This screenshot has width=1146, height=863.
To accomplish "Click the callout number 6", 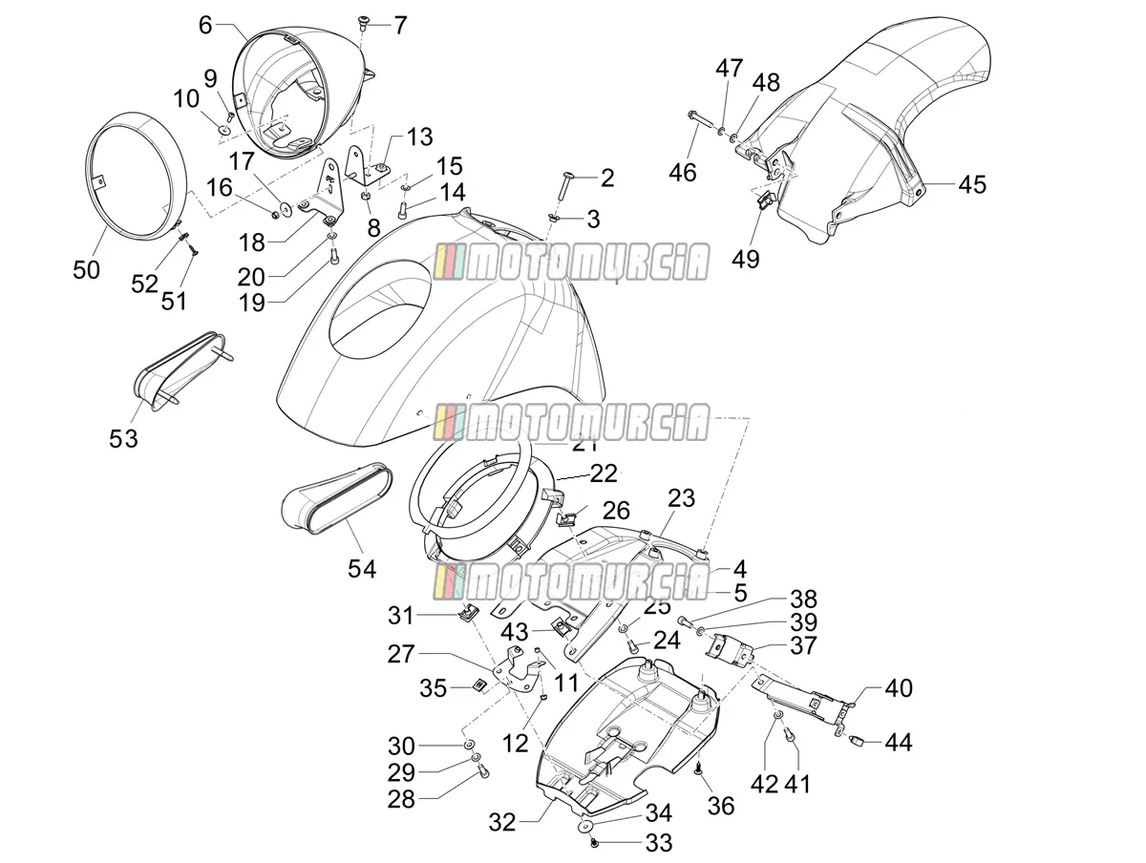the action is tap(205, 25).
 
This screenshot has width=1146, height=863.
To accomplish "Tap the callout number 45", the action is tap(971, 184).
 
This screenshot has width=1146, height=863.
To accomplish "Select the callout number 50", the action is tap(87, 270).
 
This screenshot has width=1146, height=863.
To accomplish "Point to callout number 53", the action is tap(124, 438).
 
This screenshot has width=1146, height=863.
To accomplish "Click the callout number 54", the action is tap(362, 568).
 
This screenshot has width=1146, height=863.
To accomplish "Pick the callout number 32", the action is tap(502, 822).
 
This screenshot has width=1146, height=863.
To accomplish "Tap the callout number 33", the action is tap(659, 843).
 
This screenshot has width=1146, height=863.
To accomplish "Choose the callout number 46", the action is tap(683, 172).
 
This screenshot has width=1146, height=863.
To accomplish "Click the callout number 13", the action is tap(420, 137).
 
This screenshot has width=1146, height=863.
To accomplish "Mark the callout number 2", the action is tap(607, 178).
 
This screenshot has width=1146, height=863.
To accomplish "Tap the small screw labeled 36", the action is tap(699, 769).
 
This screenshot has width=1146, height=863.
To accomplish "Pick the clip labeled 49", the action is tap(764, 200).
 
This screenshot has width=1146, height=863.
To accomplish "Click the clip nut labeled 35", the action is tap(478, 685).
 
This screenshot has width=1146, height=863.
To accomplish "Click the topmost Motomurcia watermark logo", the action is tap(572, 262).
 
